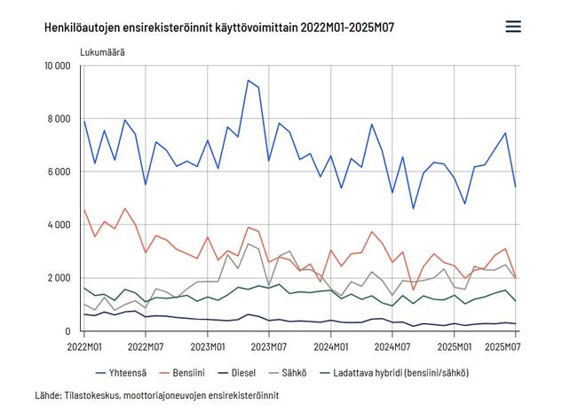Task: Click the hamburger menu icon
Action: pyautogui.click(x=513, y=27)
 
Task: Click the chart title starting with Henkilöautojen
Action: pyautogui.click(x=219, y=28)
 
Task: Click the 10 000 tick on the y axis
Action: pyautogui.click(x=57, y=66)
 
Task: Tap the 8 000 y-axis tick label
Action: pyautogui.click(x=59, y=119)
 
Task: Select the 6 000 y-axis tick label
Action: pyautogui.click(x=59, y=172)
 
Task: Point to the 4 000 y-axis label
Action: pyautogui.click(x=59, y=226)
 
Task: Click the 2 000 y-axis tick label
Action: pyautogui.click(x=59, y=278)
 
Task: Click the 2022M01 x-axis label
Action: pyautogui.click(x=83, y=345)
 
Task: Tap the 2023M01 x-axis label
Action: pyautogui.click(x=207, y=345)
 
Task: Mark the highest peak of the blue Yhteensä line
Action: pyautogui.click(x=249, y=80)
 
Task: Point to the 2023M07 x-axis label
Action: pyautogui.click(x=269, y=345)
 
